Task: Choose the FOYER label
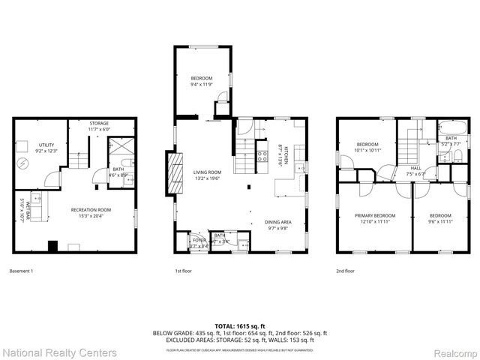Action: click(197, 241)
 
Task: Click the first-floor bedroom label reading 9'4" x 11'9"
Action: click(201, 81)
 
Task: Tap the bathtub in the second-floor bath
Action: click(450, 127)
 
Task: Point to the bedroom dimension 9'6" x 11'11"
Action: click(440, 221)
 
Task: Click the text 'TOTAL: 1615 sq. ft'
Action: click(240, 326)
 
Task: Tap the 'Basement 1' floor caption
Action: click(22, 270)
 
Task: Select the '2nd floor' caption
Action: click(345, 270)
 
